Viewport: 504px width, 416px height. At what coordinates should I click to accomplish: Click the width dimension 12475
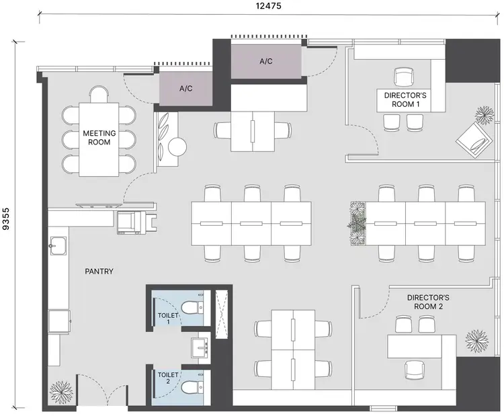[x=268, y=6]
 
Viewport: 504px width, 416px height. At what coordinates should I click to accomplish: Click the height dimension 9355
[x=6, y=219]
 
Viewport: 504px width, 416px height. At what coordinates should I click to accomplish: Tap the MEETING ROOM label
[x=99, y=138]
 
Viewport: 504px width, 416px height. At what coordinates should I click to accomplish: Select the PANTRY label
[x=99, y=272]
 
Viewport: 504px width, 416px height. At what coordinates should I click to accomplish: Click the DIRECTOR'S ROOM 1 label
[x=405, y=99]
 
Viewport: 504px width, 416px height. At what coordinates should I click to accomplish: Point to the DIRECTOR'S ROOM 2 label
[x=428, y=302]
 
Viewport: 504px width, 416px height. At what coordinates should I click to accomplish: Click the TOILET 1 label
[x=168, y=319]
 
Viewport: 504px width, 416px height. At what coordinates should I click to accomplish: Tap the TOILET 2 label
[x=168, y=378]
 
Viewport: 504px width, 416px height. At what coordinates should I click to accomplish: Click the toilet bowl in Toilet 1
[x=192, y=308]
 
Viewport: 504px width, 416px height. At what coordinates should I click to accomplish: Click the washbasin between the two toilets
[x=201, y=348]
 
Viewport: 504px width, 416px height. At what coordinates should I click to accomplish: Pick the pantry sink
[x=58, y=246]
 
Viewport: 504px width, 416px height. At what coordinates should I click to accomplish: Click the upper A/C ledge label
[x=266, y=61]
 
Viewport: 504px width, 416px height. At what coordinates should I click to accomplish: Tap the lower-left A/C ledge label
[x=185, y=88]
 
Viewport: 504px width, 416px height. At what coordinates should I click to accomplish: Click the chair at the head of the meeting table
[x=99, y=95]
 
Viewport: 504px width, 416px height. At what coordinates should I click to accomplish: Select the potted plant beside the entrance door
[x=60, y=393]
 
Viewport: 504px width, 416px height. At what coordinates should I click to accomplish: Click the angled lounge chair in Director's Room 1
[x=475, y=140]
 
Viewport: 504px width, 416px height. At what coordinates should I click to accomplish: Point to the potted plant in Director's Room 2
[x=477, y=341]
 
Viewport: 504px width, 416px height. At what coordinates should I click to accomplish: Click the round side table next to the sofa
[x=177, y=147]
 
